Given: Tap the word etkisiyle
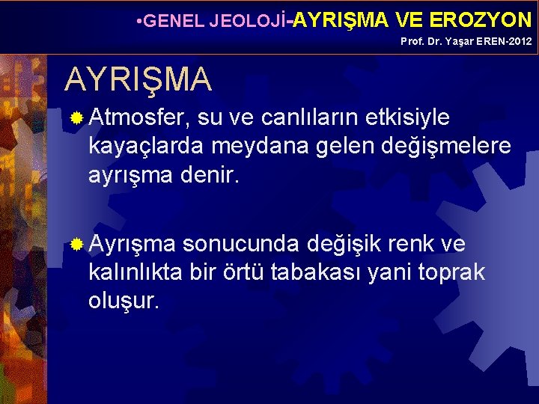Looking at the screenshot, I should click(408, 117).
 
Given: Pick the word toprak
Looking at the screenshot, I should click(456, 273).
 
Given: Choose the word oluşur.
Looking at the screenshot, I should click(124, 302).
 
